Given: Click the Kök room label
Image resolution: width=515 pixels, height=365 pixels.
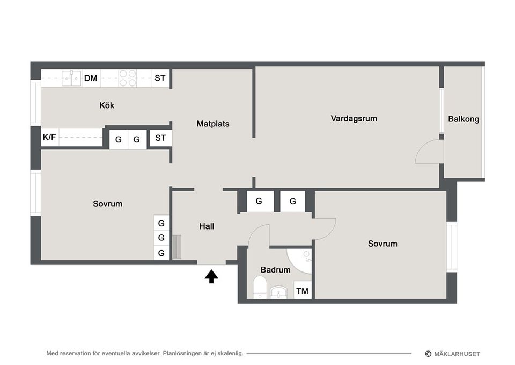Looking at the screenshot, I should [x=107, y=105].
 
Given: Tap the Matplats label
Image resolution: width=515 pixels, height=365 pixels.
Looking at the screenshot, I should [x=212, y=124].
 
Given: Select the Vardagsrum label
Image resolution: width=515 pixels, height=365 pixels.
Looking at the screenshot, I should [x=354, y=118].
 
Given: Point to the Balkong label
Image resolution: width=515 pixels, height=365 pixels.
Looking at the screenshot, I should [x=464, y=119].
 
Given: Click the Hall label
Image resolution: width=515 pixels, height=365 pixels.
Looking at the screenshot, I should [x=207, y=226].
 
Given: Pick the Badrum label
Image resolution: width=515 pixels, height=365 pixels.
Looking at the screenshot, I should [x=275, y=269].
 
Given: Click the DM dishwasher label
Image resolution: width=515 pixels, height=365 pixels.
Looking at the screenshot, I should [x=91, y=78].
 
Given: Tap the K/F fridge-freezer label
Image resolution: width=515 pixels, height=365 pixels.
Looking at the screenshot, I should [x=49, y=138].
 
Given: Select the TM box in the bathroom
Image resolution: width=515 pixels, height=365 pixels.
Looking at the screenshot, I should [x=303, y=291].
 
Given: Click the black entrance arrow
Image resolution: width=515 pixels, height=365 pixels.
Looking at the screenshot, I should [x=211, y=276].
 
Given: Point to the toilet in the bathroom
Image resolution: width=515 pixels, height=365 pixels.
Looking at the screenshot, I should [x=260, y=288].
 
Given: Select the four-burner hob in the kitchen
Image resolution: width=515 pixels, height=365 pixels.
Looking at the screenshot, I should [x=127, y=78].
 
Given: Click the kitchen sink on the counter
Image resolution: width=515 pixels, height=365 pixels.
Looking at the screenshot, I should [x=71, y=78].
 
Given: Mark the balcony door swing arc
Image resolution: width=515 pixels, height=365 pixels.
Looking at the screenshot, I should [x=428, y=152].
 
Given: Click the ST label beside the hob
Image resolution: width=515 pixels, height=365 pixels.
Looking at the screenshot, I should [x=160, y=78].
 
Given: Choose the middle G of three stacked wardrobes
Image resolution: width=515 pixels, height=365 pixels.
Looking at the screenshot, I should [x=161, y=238].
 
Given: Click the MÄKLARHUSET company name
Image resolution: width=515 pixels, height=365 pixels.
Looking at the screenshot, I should [x=457, y=354].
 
